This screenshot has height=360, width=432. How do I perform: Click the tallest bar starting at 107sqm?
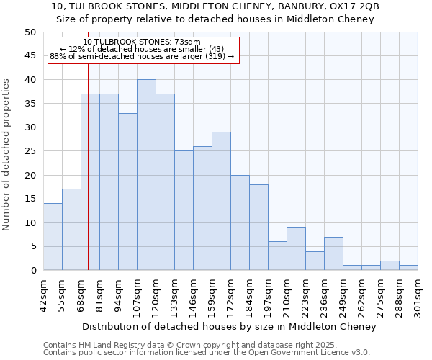pyautogui.click(x=146, y=175)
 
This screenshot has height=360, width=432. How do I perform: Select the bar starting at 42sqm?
pyautogui.click(x=53, y=237)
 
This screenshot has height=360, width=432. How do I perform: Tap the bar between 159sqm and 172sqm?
pyautogui.click(x=221, y=201)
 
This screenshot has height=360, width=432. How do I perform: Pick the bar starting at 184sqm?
pyautogui.click(x=258, y=228)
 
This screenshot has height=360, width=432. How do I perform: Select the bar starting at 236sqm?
pyautogui.click(x=333, y=253)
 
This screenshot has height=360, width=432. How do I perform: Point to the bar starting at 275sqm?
pyautogui.click(x=390, y=266)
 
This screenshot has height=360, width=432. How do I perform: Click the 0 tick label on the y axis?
pyautogui.click(x=33, y=271)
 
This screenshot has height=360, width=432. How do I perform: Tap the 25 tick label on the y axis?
pyautogui.click(x=30, y=151)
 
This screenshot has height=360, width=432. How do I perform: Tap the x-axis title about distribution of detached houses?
pyautogui.click(x=230, y=327)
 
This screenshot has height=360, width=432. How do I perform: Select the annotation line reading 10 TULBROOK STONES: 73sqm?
pyautogui.click(x=142, y=42)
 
